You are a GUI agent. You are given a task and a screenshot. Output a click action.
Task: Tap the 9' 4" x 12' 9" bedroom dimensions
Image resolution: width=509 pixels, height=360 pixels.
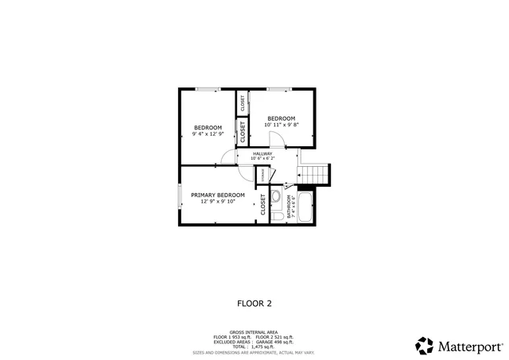[208, 134]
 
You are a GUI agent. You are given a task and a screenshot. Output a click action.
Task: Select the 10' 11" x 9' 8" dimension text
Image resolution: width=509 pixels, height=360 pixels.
[281, 125]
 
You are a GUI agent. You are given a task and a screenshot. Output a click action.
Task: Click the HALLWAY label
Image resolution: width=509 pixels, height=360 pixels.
[262, 153]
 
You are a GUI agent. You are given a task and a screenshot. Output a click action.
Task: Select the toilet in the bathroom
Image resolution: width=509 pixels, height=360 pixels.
[276, 214]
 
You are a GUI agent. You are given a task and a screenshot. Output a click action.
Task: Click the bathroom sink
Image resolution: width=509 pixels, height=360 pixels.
[275, 195]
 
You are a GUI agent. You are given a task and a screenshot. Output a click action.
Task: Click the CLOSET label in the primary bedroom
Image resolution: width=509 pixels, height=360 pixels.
[262, 204]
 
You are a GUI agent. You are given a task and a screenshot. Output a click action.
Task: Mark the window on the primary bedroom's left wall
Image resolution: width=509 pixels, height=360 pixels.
[180, 195]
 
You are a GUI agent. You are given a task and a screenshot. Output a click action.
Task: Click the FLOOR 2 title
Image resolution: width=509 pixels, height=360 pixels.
[254, 303]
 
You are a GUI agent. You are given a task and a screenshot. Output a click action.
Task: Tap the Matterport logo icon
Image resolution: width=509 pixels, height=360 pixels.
[425, 346]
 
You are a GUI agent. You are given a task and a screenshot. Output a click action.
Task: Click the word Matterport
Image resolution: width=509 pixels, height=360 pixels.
[470, 346]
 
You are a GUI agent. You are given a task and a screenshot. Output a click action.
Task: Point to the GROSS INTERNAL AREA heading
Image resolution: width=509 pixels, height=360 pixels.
[254, 332]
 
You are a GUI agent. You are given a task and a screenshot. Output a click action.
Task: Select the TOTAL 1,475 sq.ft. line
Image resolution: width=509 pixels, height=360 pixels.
[254, 346]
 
